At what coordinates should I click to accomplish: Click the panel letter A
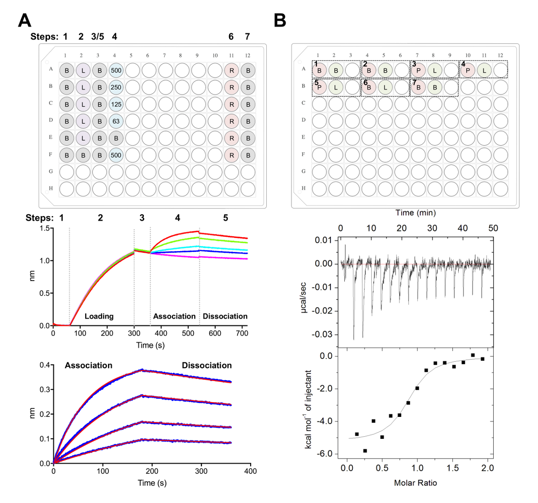point(25,21)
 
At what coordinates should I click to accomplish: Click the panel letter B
point(280,21)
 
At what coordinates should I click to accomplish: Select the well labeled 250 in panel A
point(116,87)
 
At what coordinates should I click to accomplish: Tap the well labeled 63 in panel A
point(116,121)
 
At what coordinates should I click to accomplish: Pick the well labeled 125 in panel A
point(116,104)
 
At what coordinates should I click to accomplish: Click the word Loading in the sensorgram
point(99,317)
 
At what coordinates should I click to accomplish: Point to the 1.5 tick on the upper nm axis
point(44,228)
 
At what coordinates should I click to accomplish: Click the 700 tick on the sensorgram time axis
point(242,334)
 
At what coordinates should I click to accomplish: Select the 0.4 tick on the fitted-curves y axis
point(45,365)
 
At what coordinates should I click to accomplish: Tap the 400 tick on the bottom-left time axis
point(250,471)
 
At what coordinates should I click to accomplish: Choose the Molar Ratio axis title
point(415,483)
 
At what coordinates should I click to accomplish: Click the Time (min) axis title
point(415,212)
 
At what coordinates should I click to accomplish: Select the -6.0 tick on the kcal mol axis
point(330,454)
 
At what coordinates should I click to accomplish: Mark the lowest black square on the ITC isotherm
point(365,451)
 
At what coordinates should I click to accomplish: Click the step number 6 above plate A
point(231,37)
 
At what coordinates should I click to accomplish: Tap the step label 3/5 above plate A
point(97,37)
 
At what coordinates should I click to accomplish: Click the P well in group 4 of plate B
point(468,70)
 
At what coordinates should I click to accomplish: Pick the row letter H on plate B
point(304,188)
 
